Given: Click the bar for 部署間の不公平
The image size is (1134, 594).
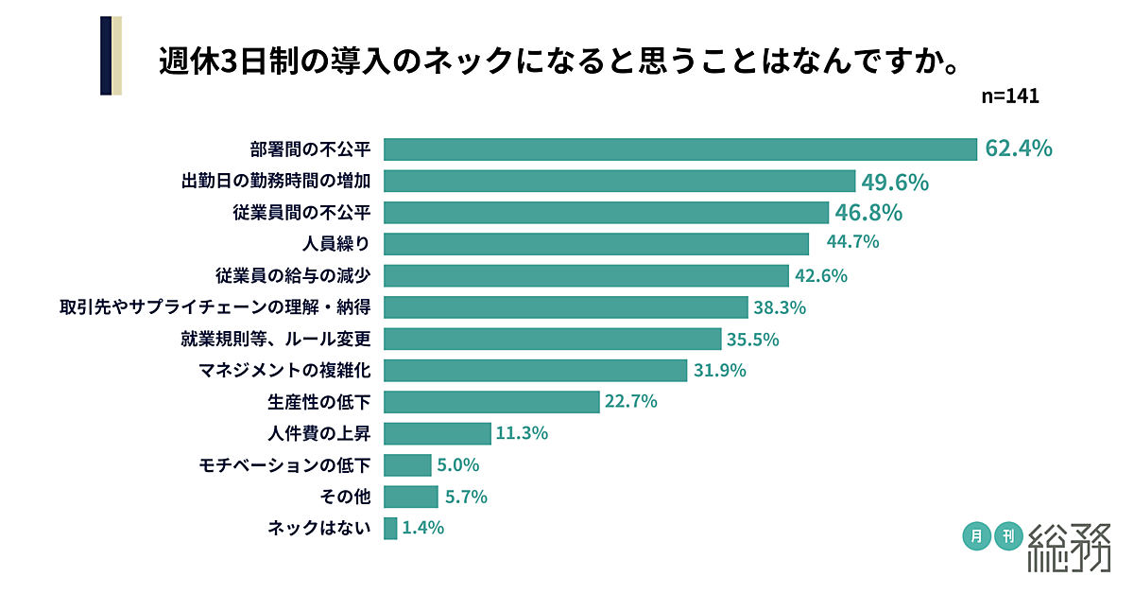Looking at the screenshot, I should coord(680,149).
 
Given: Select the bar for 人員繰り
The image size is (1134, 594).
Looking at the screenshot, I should coord(596,243).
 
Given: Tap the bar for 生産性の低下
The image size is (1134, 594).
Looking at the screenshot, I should coord(491,402).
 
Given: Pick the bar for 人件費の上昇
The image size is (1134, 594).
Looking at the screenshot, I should coord(438,434).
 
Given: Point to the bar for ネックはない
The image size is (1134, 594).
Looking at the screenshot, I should coord(390,529).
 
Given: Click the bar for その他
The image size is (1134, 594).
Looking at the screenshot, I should coord(411,497).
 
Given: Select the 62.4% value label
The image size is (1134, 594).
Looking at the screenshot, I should coord(1018,148).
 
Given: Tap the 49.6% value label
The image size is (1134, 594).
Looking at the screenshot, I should coord(894,181).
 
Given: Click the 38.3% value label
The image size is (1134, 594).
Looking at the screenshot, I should coord(780,307).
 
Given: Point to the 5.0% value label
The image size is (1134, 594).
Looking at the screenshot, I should coord(458,465).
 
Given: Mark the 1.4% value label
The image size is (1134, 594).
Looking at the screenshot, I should coord(422,529).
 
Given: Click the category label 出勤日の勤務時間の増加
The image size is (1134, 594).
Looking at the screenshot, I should coord(275,181).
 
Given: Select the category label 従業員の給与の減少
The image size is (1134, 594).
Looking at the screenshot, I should coord(292,275).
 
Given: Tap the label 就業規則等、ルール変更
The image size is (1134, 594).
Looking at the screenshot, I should coord(275,339).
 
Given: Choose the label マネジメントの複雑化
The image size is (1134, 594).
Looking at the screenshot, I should coord(283,371).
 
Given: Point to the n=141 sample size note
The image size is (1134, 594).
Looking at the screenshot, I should coord(1010,96).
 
